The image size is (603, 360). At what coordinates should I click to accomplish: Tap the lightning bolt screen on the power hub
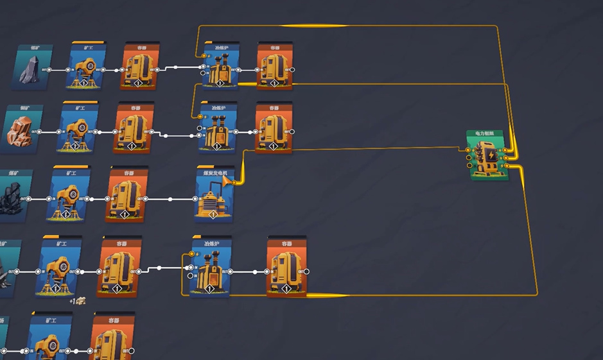pos(491,156)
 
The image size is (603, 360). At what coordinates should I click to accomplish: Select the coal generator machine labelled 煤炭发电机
pos(214,196)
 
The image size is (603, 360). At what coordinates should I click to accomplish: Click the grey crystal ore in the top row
pos(29,71)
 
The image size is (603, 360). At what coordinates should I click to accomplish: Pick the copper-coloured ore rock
pos(19,130)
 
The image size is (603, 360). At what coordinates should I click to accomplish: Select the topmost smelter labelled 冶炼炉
pos(220,68)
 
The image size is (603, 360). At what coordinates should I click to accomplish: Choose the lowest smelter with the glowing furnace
pos(211,270)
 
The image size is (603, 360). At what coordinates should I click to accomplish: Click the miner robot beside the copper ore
pos(78,131)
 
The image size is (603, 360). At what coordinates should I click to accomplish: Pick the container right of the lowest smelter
pos(286,270)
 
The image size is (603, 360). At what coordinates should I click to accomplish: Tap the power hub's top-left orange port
pos(469,151)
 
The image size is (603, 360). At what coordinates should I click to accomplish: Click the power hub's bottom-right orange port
pos(507,166)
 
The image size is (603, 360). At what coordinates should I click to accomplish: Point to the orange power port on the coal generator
pos(234,182)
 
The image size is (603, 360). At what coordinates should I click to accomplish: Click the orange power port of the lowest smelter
pos(192,254)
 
